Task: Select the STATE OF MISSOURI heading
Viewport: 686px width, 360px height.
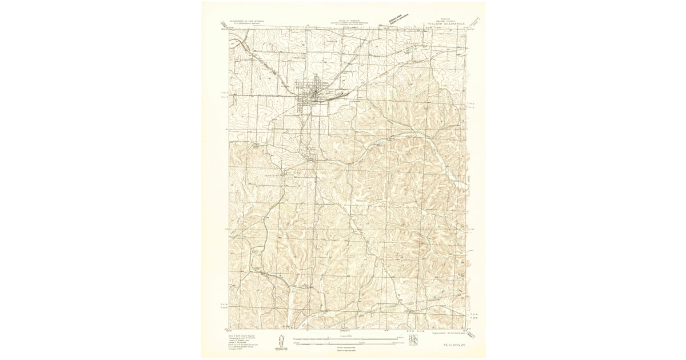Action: pos(342,20)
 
